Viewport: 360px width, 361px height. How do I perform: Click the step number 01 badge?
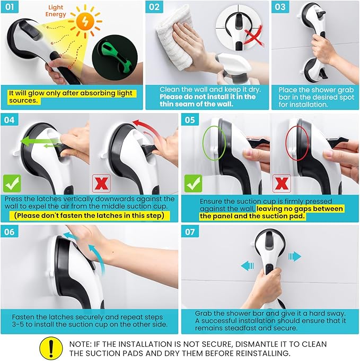pos(10,7)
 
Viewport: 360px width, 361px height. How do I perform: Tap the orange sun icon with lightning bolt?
pos(85,21)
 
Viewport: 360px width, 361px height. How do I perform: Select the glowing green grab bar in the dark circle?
pos(115,57)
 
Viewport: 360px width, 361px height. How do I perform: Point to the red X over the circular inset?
pos(253,36)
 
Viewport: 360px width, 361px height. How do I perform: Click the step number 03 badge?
pos(280,7)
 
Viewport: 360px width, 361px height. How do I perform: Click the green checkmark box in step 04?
pos(12,184)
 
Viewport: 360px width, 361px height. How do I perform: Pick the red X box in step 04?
pos(101,184)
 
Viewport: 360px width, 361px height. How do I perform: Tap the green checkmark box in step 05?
pos(194,184)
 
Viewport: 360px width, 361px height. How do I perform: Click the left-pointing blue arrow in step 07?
pos(248,266)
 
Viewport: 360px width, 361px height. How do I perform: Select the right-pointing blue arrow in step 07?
pos(295,256)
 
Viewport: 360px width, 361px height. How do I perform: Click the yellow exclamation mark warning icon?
pos(51,349)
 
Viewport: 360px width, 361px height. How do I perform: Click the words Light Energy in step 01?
pos(56,11)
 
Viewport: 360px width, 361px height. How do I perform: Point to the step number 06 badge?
pos(10,231)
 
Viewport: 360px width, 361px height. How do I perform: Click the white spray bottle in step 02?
pos(234,69)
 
